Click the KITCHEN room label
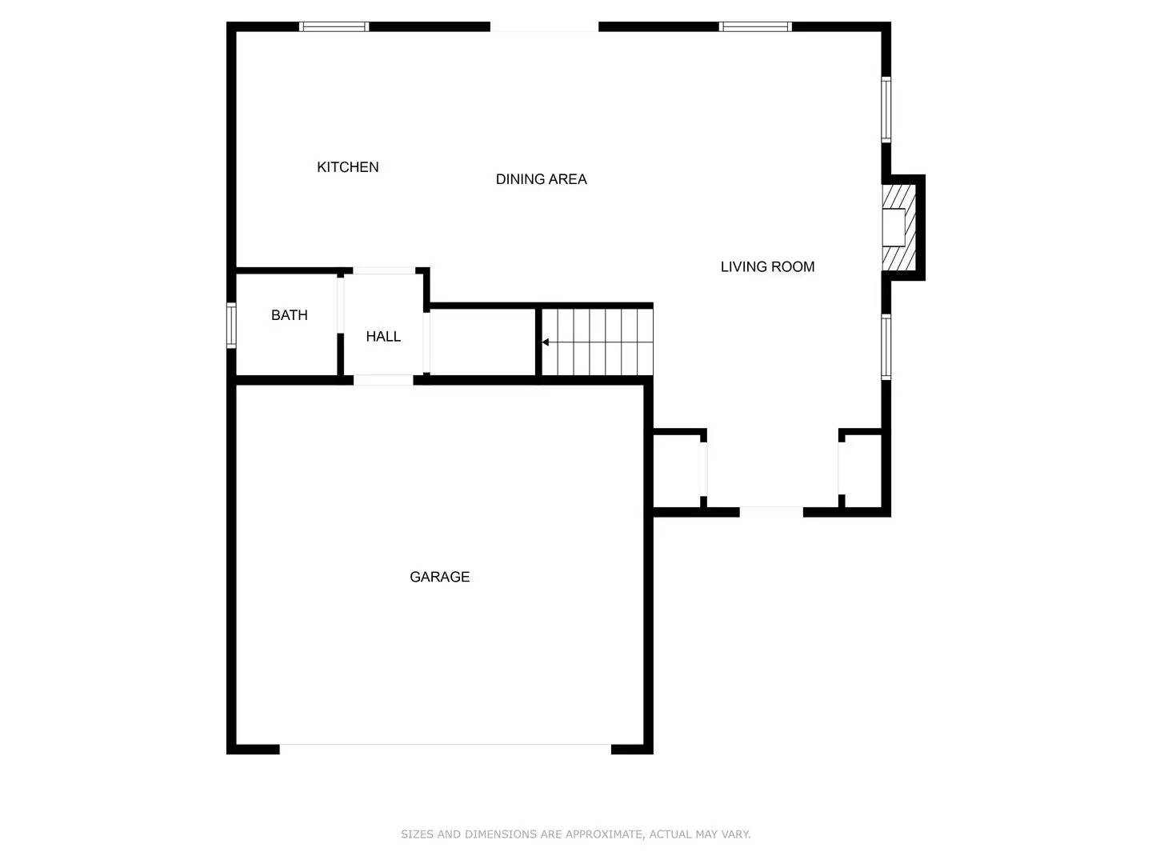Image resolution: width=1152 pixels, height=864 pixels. pyautogui.click(x=347, y=167)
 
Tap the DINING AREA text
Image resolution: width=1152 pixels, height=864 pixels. pyautogui.click(x=541, y=179)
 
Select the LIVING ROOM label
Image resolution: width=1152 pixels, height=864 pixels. pyautogui.click(x=767, y=267)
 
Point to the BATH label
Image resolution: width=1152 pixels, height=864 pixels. pyautogui.click(x=289, y=315)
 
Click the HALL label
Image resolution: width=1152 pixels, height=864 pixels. pyautogui.click(x=383, y=337)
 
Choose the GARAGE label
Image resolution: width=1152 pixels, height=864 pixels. pyautogui.click(x=439, y=577)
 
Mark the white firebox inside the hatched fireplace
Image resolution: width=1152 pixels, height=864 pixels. pyautogui.click(x=893, y=227)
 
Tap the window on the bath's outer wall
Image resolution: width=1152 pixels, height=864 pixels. pyautogui.click(x=231, y=326)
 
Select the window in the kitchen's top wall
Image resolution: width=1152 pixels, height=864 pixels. pyautogui.click(x=334, y=26)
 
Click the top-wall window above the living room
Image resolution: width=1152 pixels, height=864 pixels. pyautogui.click(x=755, y=26)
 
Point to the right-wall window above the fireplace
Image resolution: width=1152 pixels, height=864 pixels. pyautogui.click(x=886, y=109)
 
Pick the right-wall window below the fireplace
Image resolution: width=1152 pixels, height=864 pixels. pyautogui.click(x=886, y=346)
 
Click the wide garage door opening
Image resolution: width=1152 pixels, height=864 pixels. pyautogui.click(x=445, y=749)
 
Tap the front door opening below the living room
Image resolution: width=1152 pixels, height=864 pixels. pyautogui.click(x=771, y=511)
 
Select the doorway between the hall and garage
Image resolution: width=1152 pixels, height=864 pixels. pyautogui.click(x=383, y=380)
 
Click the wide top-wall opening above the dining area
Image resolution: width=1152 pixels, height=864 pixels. pyautogui.click(x=544, y=27)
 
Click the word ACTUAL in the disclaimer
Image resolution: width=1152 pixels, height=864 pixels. pyautogui.click(x=670, y=834)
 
